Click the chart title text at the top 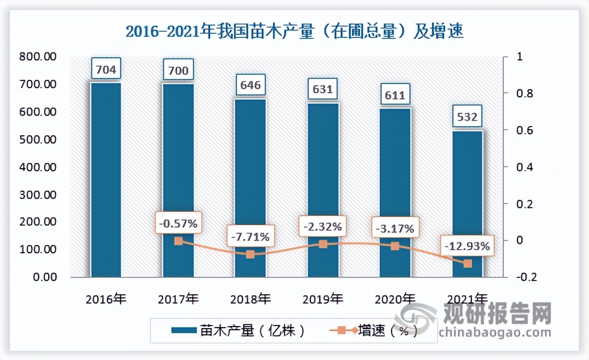[294, 32]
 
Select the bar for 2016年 [106, 179]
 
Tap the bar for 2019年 [323, 190]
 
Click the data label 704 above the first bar [106, 68]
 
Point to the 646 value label [250, 85]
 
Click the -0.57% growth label [178, 224]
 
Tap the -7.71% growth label [250, 236]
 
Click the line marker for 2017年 [178, 241]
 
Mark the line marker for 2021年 [467, 264]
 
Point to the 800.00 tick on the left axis [38, 56]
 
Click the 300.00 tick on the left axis [38, 194]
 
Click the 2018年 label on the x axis [250, 299]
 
